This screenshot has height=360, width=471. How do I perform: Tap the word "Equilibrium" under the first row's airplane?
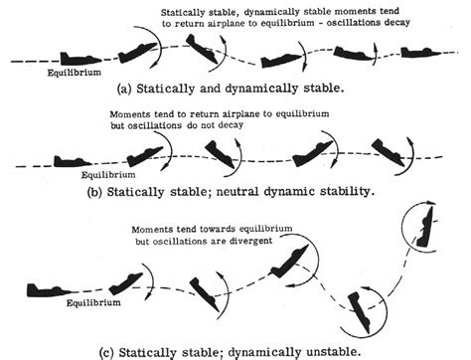point(72,72)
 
